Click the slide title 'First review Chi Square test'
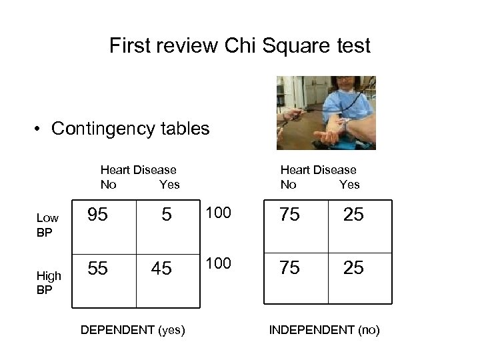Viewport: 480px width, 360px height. (240, 46)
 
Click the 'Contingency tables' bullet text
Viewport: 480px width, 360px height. (130, 128)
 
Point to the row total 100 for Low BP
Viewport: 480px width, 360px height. (219, 213)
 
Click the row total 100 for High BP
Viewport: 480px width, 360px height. (219, 263)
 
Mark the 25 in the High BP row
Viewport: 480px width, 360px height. (353, 268)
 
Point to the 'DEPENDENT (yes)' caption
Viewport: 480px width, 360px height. (132, 329)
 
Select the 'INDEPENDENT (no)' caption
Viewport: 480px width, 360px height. (324, 329)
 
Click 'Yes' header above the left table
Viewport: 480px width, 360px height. (169, 184)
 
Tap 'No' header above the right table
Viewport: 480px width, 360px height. (289, 184)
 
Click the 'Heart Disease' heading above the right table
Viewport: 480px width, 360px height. (318, 170)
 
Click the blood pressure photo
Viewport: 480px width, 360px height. (326, 112)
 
